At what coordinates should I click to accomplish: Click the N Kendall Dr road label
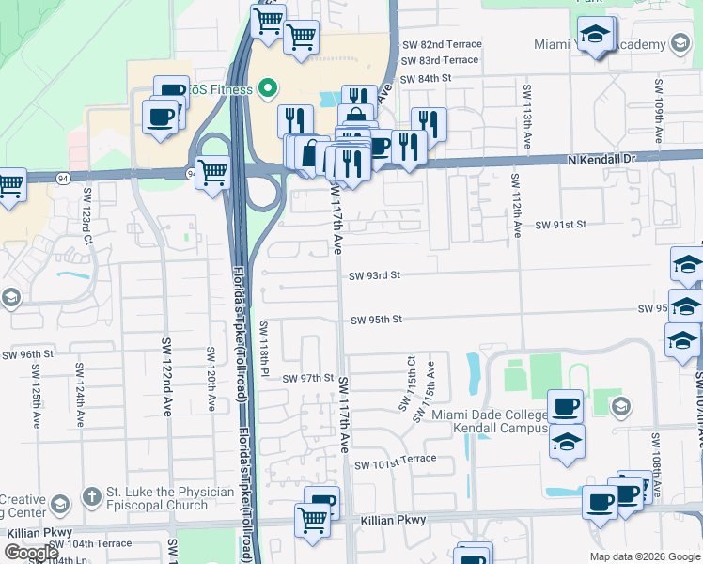(x=602, y=160)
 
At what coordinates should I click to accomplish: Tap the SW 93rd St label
(x=375, y=275)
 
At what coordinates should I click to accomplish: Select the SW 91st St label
(x=560, y=225)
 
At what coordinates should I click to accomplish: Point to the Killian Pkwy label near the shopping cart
(x=393, y=520)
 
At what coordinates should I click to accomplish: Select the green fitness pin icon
(x=267, y=90)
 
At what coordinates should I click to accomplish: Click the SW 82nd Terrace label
(x=442, y=44)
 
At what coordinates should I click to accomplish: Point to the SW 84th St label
(x=426, y=79)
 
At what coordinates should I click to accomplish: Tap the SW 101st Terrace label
(x=395, y=459)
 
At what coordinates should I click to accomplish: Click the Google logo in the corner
(x=30, y=553)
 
